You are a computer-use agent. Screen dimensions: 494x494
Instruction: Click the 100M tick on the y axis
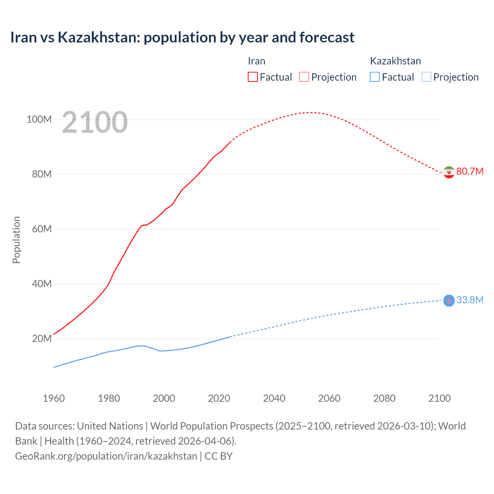(39, 119)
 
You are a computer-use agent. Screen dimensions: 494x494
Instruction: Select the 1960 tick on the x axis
(54, 398)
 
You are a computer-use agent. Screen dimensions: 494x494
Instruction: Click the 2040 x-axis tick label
(274, 398)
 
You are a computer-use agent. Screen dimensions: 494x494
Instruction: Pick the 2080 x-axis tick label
(384, 398)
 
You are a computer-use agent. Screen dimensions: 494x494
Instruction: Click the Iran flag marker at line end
(449, 172)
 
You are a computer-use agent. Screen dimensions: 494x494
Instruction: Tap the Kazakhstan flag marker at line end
(449, 300)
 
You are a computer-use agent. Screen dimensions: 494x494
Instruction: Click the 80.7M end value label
(470, 171)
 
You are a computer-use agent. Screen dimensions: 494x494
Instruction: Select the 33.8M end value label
(470, 300)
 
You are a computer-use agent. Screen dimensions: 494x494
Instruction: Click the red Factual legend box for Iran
(252, 77)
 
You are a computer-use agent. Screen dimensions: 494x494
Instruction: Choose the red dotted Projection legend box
(304, 77)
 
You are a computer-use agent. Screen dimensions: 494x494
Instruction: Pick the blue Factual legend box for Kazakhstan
(374, 77)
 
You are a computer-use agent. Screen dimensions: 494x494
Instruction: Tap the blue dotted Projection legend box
(426, 77)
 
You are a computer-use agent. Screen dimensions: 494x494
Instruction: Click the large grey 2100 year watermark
(95, 122)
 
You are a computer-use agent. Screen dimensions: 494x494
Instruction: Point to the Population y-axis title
(16, 240)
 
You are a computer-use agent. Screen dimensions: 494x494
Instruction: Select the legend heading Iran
(256, 61)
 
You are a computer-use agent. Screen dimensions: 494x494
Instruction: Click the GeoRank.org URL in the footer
(106, 456)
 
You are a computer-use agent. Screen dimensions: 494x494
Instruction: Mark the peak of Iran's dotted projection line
(310, 112)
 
